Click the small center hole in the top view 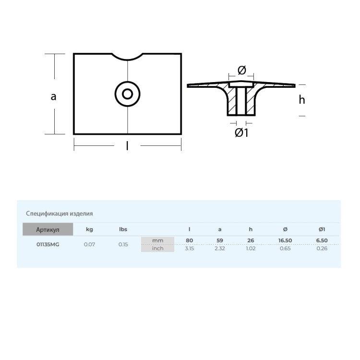pyautogui.click(x=127, y=94)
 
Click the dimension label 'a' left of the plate pyautogui.click(x=53, y=97)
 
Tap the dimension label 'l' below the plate pyautogui.click(x=127, y=145)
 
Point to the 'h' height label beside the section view pyautogui.click(x=302, y=100)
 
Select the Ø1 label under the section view pyautogui.click(x=241, y=132)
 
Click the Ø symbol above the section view pyautogui.click(x=242, y=70)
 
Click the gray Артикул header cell pyautogui.click(x=48, y=229)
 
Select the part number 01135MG pyautogui.click(x=48, y=244)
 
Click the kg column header pyautogui.click(x=89, y=229)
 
